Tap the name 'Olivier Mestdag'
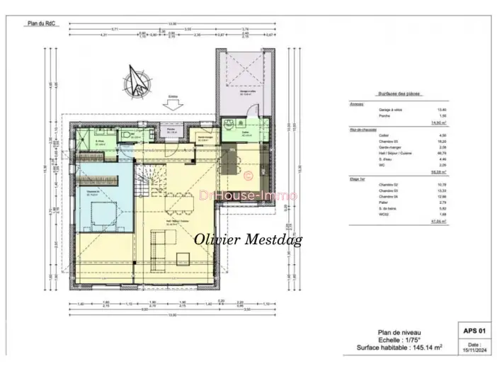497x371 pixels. [x=248, y=240]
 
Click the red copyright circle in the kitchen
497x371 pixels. [x=248, y=174]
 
